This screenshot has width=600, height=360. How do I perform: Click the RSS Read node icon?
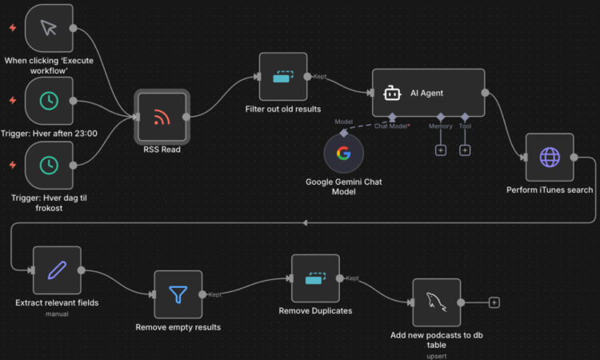point(162,117)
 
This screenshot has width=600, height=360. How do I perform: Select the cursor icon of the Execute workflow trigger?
point(49,28)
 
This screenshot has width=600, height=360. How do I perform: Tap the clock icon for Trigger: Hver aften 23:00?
point(49,101)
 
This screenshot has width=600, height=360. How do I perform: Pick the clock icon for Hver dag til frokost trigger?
point(49,164)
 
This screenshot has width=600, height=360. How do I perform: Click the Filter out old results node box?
point(283,77)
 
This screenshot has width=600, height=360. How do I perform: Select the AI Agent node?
point(429,93)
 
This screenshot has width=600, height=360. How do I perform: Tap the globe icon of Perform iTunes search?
point(550,157)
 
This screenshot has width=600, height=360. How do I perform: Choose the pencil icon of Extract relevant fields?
point(57,270)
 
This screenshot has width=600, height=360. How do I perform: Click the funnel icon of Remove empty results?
point(178,294)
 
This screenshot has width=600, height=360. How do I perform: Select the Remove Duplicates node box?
point(316,278)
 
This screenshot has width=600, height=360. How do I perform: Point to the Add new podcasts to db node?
point(437,302)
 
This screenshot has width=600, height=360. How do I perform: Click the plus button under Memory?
point(440,150)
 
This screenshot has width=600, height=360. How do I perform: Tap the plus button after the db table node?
point(494,302)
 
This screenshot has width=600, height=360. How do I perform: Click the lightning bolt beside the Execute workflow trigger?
point(12,28)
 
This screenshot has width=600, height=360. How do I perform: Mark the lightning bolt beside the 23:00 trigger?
point(12,101)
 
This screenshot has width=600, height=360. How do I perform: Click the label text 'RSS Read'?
point(162,150)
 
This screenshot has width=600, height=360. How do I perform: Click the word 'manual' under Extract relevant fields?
point(57,314)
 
